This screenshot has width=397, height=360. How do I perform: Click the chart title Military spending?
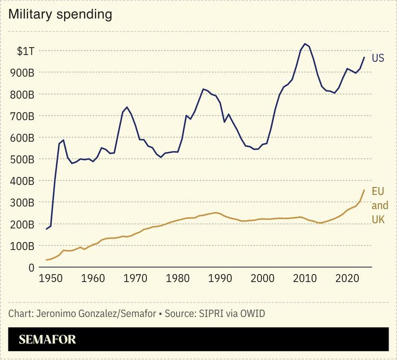60,14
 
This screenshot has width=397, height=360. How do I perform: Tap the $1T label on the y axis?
26,51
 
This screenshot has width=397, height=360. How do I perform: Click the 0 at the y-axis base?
31,267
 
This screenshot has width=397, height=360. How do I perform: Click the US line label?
378,59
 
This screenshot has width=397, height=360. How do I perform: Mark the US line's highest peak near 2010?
305,44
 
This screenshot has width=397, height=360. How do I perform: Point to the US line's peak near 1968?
128,107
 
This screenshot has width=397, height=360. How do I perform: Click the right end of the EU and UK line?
364,190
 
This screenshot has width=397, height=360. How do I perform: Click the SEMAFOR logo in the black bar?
48,340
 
